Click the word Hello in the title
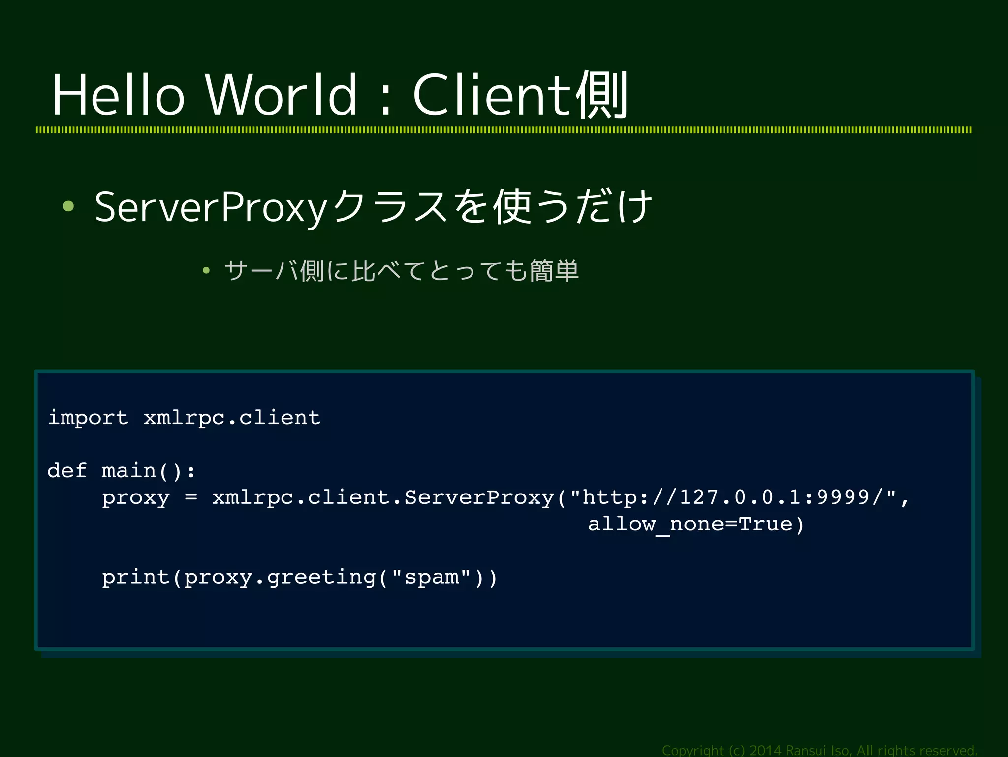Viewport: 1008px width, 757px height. coord(118,95)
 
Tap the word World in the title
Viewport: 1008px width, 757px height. coord(281,95)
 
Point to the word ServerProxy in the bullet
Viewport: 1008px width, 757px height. coord(211,207)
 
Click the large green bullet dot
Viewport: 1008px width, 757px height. coord(68,207)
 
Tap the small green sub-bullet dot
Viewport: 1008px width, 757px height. coord(206,270)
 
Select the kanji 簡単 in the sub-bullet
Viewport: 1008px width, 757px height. coord(554,270)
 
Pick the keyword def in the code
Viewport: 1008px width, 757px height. coord(67,471)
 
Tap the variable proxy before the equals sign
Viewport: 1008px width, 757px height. coord(136,498)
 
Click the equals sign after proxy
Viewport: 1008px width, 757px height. coord(191,497)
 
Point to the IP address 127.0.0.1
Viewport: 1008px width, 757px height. coord(740,497)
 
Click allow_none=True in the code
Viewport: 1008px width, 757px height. coord(690,524)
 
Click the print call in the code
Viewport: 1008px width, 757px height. coord(136,577)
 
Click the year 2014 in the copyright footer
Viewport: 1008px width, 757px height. coord(765,750)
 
